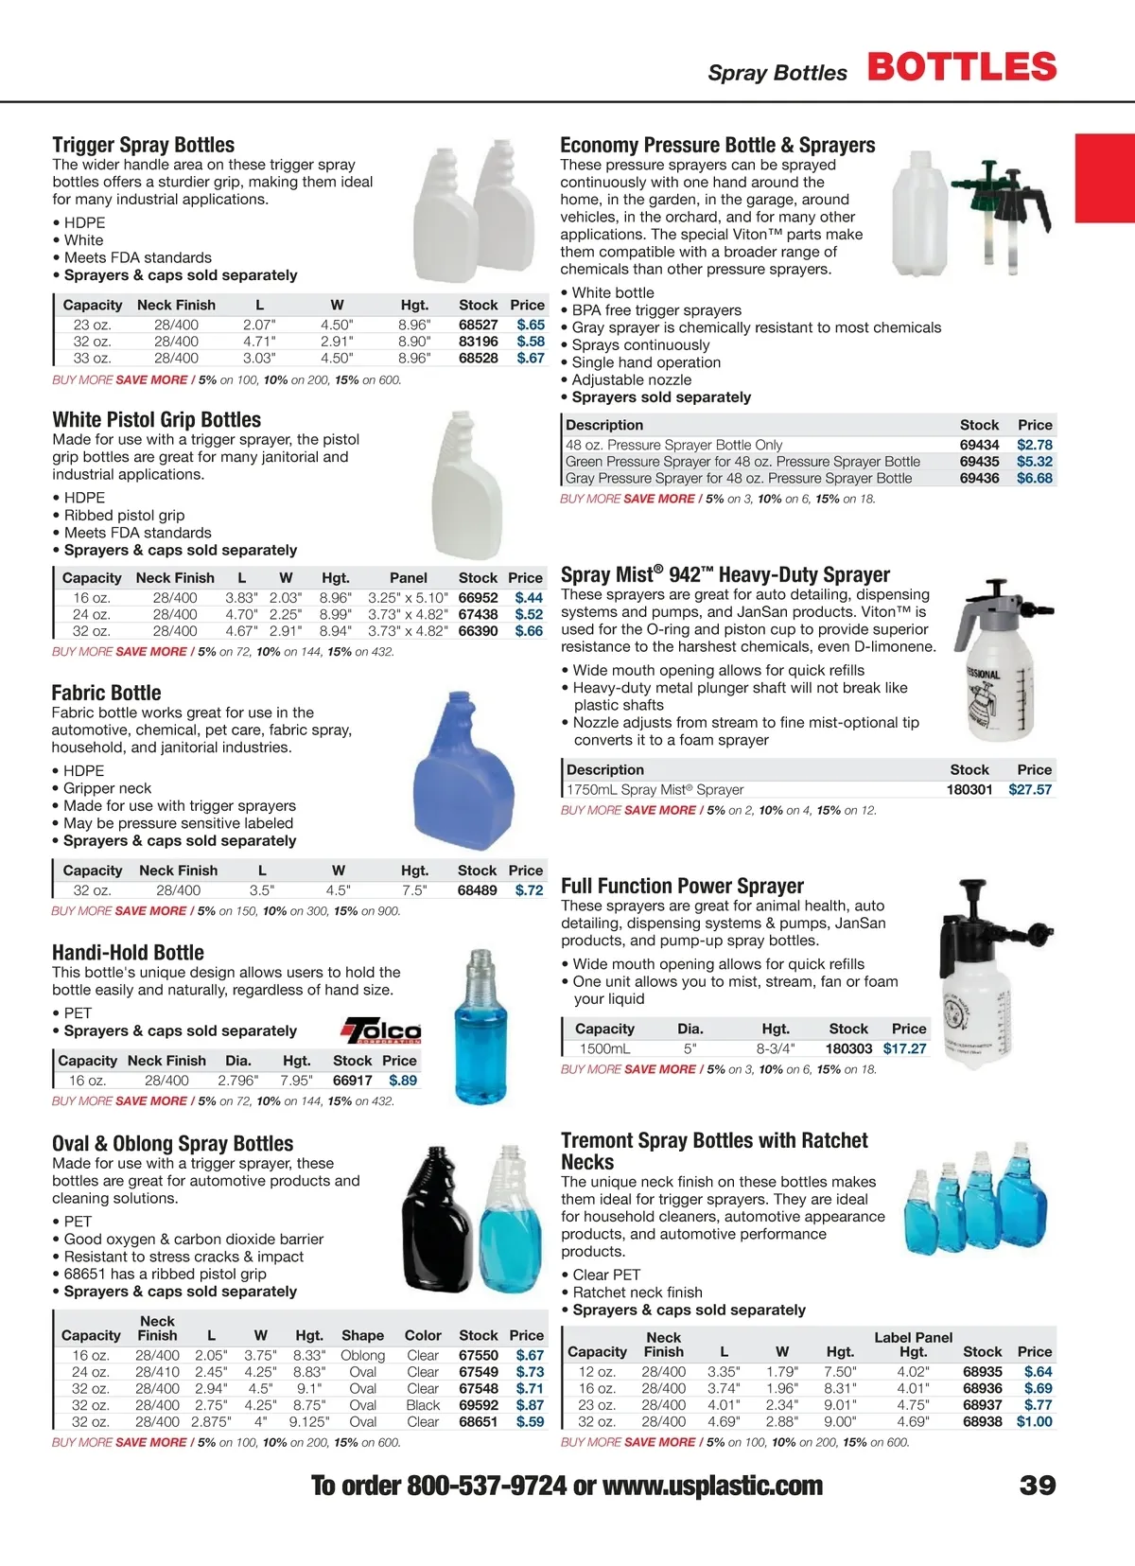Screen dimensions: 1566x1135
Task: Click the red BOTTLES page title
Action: coord(961,67)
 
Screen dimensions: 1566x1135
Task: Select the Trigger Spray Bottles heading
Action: coord(144,145)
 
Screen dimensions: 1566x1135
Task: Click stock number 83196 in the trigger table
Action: coord(479,342)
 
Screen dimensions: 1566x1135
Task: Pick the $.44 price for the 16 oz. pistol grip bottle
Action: coord(529,598)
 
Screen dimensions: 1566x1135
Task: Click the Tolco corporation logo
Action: coord(381,1029)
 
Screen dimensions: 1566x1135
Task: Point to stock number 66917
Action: coord(352,1081)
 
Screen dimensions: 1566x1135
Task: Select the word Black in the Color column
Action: coord(423,1405)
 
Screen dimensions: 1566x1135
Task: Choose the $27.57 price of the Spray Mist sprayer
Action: coord(1030,789)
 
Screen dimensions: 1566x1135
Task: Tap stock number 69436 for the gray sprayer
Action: coord(979,479)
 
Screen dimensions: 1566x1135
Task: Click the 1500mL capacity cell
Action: coord(604,1048)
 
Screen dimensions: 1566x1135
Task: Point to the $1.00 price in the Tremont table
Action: coord(1034,1422)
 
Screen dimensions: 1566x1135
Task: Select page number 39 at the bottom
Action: coord(1038,1486)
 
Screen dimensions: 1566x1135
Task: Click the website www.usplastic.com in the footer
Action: coord(712,1487)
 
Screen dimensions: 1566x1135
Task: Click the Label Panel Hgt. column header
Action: coord(913,1345)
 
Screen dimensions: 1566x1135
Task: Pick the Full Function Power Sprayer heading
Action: coord(682,887)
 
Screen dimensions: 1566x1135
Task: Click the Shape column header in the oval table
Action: coord(362,1336)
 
